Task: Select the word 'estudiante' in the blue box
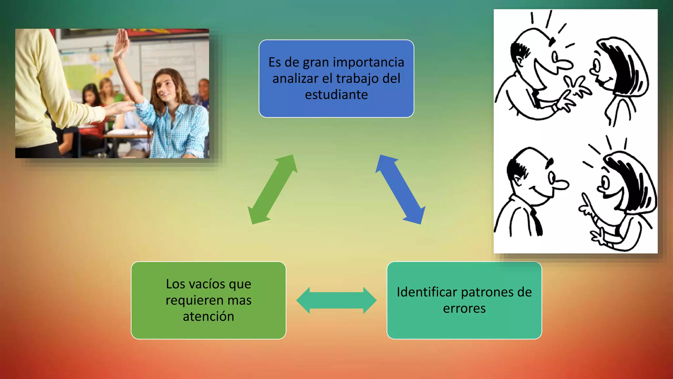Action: pos(336,95)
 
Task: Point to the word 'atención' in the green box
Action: pos(208,316)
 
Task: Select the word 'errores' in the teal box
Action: pos(464,309)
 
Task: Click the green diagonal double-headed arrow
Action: pos(272,189)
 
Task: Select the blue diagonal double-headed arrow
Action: pos(400,189)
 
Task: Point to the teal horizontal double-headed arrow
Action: pos(336,300)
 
